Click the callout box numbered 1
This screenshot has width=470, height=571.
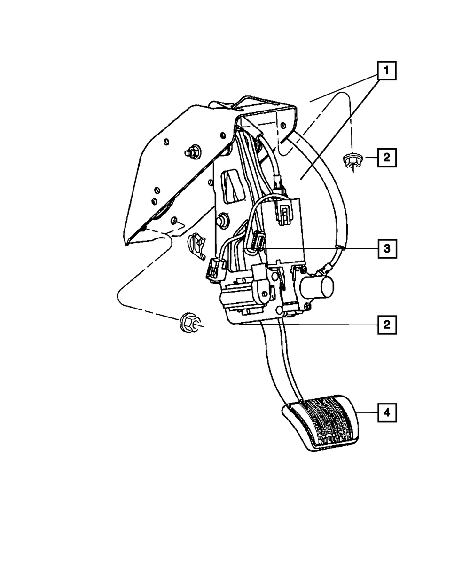click(387, 71)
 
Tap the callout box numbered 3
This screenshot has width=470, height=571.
click(387, 249)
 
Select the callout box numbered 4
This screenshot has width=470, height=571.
click(387, 412)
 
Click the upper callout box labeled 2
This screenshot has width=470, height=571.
click(387, 158)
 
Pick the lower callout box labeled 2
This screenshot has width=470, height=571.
click(387, 325)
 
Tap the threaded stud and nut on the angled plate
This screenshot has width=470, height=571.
click(192, 152)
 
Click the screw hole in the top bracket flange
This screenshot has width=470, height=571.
click(283, 125)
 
